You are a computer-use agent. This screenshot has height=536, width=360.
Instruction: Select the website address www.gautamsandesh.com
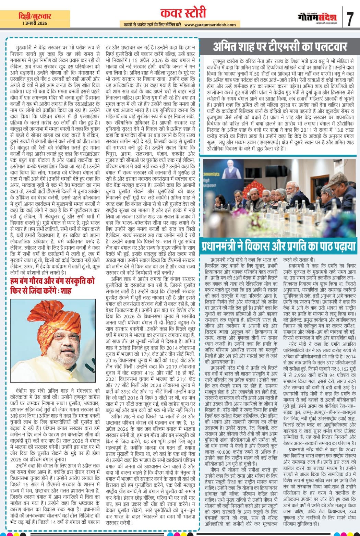(x=210, y=25)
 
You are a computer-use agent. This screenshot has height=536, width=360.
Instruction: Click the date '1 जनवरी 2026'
(x=35, y=23)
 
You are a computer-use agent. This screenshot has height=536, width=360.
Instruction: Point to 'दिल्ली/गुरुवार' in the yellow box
(x=35, y=16)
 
